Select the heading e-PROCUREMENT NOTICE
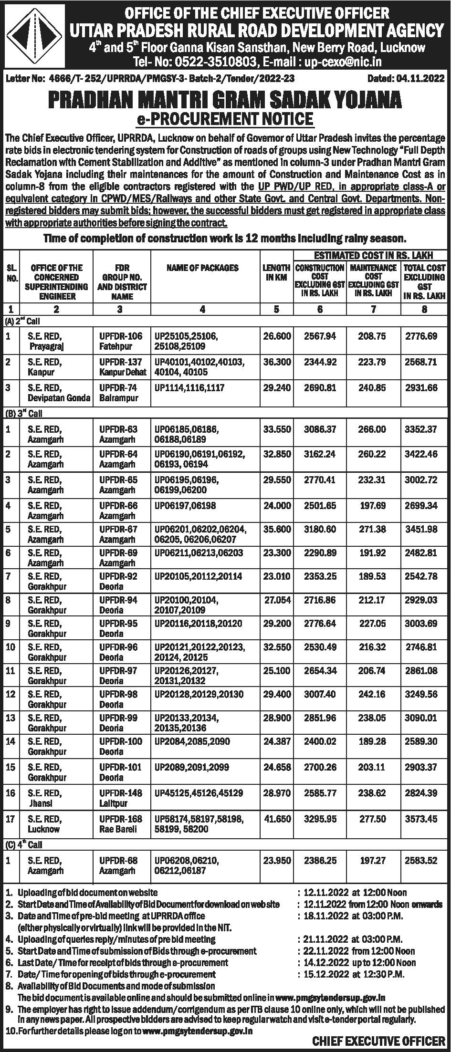pos(225,118)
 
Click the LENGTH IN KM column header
pos(276,272)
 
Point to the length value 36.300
pos(277,362)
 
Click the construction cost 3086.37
pos(320,429)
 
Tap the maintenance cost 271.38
pos(373,529)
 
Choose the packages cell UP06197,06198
pos(185,505)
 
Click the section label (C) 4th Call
pos(24,844)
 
